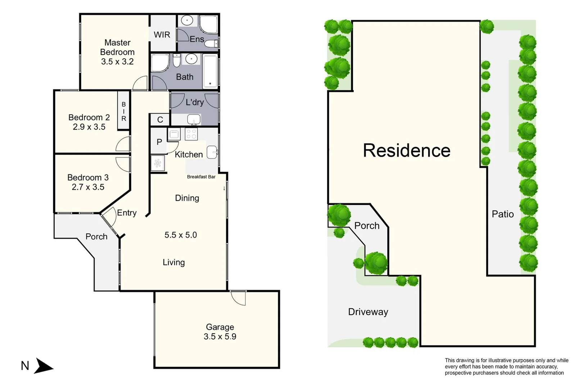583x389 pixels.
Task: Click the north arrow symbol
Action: click(44, 366)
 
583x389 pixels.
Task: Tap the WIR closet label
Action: click(162, 35)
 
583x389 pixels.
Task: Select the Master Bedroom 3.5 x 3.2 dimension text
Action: click(117, 62)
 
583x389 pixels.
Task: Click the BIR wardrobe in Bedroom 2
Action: click(124, 111)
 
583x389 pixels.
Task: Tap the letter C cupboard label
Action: click(160, 120)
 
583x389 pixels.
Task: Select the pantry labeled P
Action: click(159, 142)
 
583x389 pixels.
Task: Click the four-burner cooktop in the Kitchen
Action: click(191, 134)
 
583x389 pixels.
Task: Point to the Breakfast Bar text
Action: click(201, 177)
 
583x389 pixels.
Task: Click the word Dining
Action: click(187, 198)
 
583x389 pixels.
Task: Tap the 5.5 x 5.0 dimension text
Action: click(181, 235)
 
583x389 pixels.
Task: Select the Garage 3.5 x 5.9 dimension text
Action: click(220, 336)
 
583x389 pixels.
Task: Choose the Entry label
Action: click(127, 213)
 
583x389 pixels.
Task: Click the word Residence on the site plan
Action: click(407, 151)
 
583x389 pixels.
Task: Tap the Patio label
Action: click(503, 214)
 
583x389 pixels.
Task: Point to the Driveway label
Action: click(368, 312)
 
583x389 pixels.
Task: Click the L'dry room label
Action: click(195, 102)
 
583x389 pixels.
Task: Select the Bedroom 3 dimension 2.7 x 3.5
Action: click(88, 187)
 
